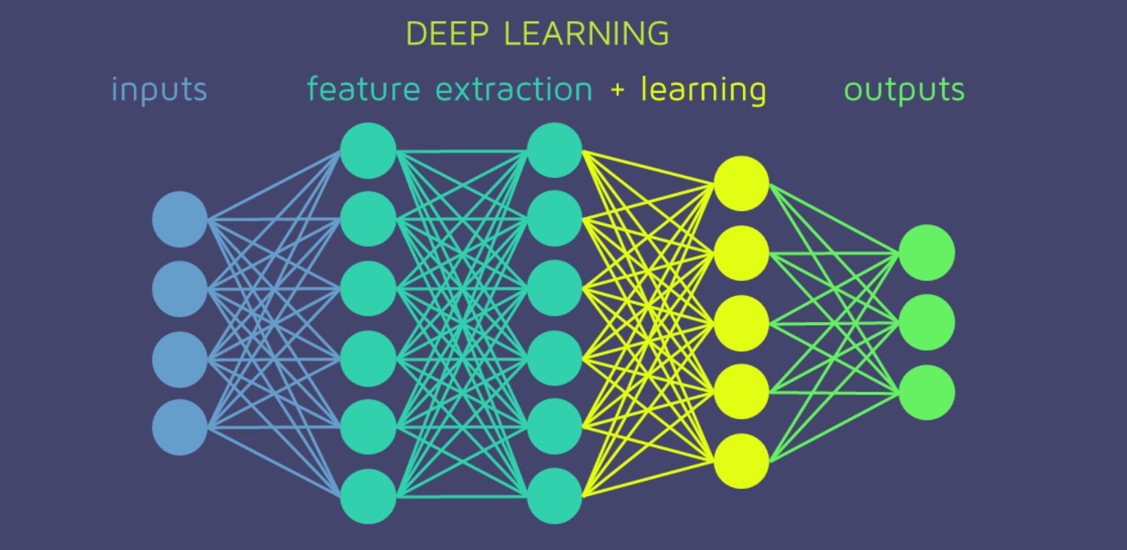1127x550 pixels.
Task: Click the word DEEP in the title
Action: tap(447, 34)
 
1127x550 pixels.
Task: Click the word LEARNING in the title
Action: tap(587, 34)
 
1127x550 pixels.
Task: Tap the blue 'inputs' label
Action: tap(159, 90)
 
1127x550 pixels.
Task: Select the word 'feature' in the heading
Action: tap(363, 90)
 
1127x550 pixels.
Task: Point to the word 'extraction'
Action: tap(514, 90)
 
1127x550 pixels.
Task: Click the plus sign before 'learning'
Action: tap(617, 90)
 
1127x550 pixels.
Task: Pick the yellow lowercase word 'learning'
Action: tap(703, 90)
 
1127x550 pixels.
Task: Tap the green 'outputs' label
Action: tap(904, 90)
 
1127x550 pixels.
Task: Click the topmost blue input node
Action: tap(180, 220)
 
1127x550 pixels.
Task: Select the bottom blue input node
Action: tap(180, 427)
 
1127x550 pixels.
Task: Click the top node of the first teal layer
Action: tap(368, 151)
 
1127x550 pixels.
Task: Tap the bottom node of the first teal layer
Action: tap(368, 496)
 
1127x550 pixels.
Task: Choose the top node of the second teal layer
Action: tap(554, 150)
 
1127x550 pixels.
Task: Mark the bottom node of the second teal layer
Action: tap(554, 496)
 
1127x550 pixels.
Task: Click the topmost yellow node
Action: tap(742, 184)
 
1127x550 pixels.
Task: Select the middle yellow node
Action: tap(742, 323)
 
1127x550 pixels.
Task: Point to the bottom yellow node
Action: tap(742, 461)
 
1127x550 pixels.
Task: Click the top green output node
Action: tap(927, 253)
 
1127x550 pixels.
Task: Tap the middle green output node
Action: tap(927, 323)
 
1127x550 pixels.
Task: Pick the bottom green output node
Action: tap(927, 393)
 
